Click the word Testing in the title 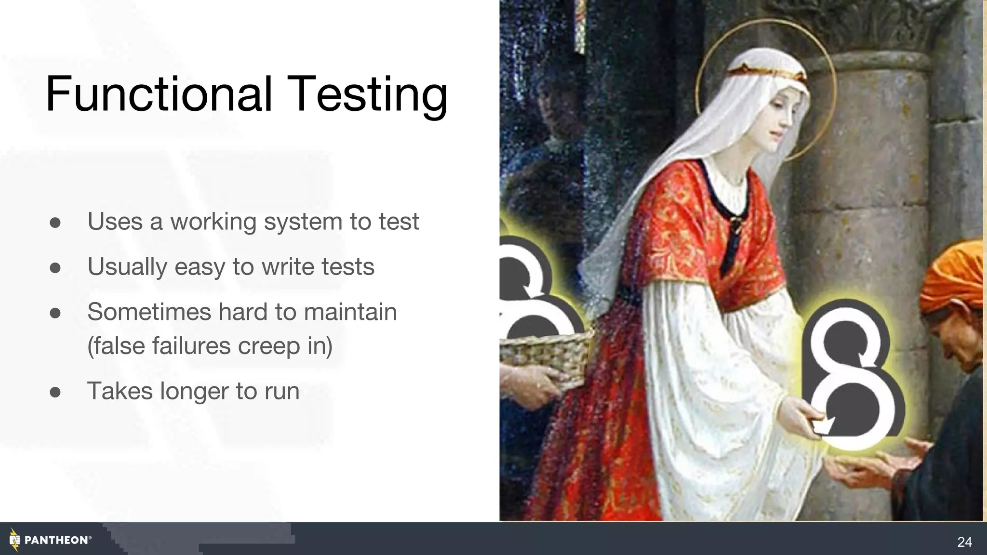coord(369,94)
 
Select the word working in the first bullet coord(213,222)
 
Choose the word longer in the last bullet coord(194,391)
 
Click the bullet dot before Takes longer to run coord(55,392)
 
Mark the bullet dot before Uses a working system coord(55,222)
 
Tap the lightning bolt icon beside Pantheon coord(14,540)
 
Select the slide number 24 coord(964,542)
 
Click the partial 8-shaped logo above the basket coord(528,289)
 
